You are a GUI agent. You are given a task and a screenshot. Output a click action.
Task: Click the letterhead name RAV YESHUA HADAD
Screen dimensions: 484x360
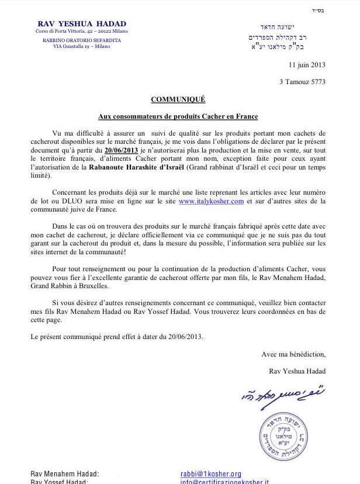[81, 23]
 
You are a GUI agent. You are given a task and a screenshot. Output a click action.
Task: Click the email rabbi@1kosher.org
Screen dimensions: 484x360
[211, 474]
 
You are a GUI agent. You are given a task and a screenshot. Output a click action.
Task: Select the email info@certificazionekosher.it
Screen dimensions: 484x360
[224, 482]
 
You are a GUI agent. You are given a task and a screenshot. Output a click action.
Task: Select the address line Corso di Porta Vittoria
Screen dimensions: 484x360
[81, 31]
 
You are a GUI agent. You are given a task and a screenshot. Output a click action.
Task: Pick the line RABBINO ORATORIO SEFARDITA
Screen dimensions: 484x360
[81, 40]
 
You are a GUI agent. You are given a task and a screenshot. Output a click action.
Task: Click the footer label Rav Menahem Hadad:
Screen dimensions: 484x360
[65, 474]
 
